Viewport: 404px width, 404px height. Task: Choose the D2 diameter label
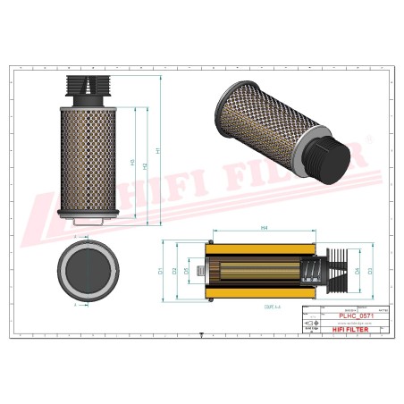175,270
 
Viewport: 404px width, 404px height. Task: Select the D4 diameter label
357,270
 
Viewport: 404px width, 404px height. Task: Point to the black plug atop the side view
88,87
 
